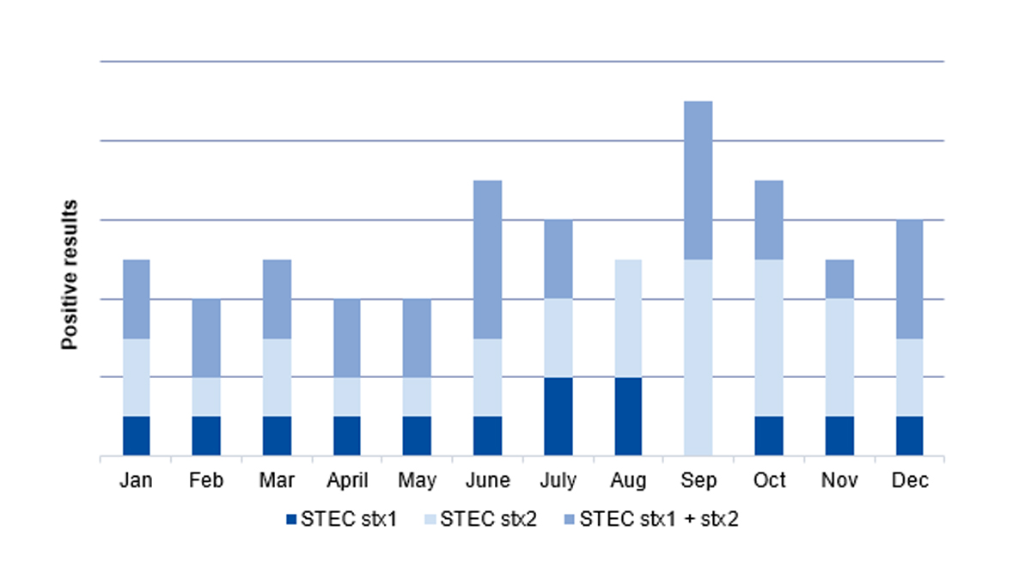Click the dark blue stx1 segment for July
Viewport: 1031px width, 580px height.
[x=558, y=417]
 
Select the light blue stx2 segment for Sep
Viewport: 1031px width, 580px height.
[x=699, y=357]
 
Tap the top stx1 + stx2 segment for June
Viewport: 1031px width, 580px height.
[x=488, y=259]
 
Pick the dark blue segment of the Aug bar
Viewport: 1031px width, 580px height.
[x=629, y=417]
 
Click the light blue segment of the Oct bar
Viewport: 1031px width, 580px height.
[x=769, y=338]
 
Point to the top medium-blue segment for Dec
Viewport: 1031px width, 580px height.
[x=910, y=279]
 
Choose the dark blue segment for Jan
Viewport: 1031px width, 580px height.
[x=137, y=436]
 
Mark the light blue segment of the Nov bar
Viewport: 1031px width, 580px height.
[x=839, y=357]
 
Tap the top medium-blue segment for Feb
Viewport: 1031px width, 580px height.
[x=206, y=338]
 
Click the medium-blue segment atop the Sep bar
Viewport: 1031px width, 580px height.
[x=699, y=180]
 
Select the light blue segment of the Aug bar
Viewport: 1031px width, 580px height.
[x=629, y=318]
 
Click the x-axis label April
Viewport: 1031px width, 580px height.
[x=347, y=480]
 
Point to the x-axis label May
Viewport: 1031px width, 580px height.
[x=418, y=481]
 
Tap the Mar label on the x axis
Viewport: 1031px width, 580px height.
[x=277, y=480]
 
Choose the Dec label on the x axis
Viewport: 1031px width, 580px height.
[x=910, y=480]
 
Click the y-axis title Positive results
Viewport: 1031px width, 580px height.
[x=70, y=275]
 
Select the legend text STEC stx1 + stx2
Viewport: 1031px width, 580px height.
[x=660, y=519]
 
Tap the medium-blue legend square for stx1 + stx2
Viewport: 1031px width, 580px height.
[x=570, y=519]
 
